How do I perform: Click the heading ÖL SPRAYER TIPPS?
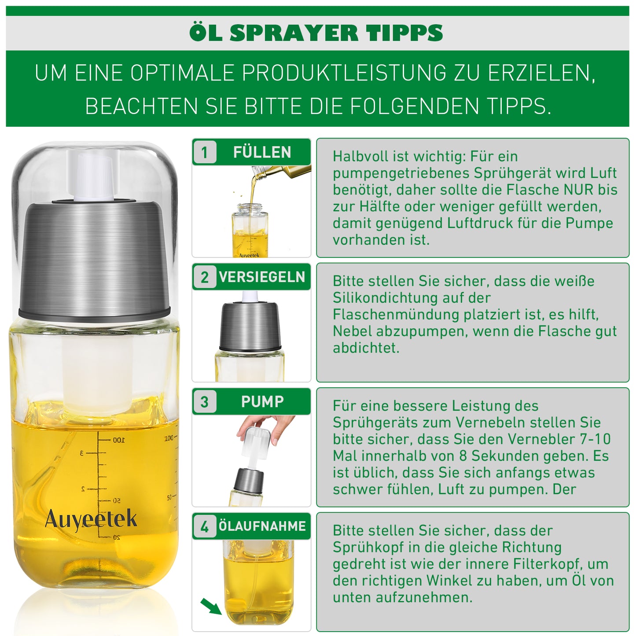coord(316,33)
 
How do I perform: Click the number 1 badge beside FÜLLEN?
coord(205,152)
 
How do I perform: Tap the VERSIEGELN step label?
coord(262,277)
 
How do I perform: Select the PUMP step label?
coord(262,402)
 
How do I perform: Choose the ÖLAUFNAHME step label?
coord(262,526)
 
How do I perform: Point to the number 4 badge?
coord(205,526)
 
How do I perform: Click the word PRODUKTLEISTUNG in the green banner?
coord(345,73)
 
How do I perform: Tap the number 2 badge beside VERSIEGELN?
coord(205,277)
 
